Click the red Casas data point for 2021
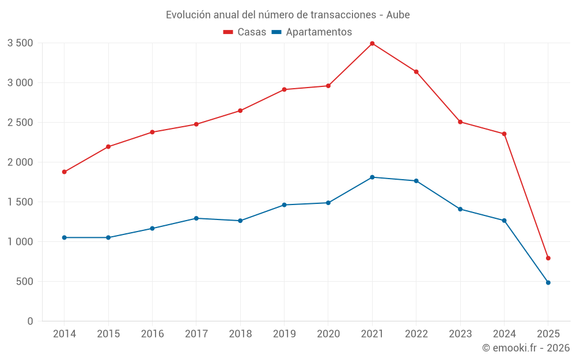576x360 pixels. pyautogui.click(x=372, y=43)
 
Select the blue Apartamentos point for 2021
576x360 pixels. pyautogui.click(x=372, y=177)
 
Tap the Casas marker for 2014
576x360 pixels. pyautogui.click(x=64, y=172)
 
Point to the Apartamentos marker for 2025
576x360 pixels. pyautogui.click(x=548, y=282)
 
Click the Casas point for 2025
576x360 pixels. pyautogui.click(x=548, y=258)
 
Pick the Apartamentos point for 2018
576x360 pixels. pyautogui.click(x=240, y=221)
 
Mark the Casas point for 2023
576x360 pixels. pyautogui.click(x=460, y=122)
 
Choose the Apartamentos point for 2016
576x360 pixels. pyautogui.click(x=152, y=228)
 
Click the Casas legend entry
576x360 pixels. pyautogui.click(x=245, y=32)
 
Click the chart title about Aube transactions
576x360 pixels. pyautogui.click(x=287, y=14)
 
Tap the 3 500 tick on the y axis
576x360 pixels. pyautogui.click(x=20, y=43)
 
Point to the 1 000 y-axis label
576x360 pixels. pyautogui.click(x=20, y=241)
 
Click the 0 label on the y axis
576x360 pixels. pyautogui.click(x=30, y=321)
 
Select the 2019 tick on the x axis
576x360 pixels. pyautogui.click(x=284, y=334)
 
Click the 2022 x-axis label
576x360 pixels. pyautogui.click(x=416, y=334)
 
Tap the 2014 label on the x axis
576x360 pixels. pyautogui.click(x=64, y=334)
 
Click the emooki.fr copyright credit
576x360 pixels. pyautogui.click(x=525, y=348)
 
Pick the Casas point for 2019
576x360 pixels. pyautogui.click(x=284, y=89)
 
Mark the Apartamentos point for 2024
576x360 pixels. pyautogui.click(x=504, y=221)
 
